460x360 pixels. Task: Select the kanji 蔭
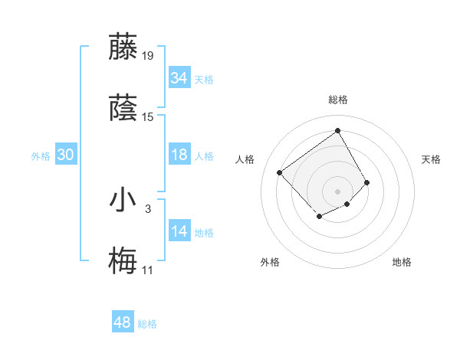[123, 107]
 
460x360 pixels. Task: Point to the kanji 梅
[123, 261]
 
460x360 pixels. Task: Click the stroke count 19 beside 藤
[148, 55]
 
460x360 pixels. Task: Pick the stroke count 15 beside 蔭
[148, 117]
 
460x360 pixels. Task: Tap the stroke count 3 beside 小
[148, 208]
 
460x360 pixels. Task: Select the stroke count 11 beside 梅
[147, 270]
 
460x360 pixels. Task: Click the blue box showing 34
[179, 78]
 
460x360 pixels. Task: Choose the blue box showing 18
[179, 155]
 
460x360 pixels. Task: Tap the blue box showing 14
[179, 231]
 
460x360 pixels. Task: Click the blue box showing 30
[65, 155]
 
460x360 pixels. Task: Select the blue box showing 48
[123, 322]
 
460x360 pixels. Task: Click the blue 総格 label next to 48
[147, 324]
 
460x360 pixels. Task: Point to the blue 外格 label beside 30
[41, 156]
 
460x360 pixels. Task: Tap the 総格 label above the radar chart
[337, 100]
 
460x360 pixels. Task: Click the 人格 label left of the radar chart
[245, 159]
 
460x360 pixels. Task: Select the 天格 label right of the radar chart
[431, 159]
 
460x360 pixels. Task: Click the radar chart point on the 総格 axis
[337, 129]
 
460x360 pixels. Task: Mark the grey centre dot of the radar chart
[337, 191]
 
